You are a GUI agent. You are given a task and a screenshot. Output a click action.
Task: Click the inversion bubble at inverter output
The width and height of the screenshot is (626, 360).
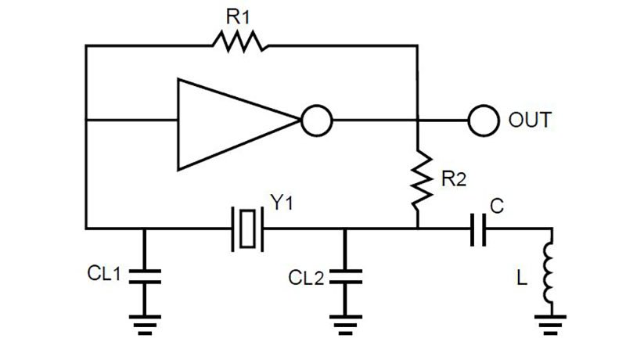click(317, 121)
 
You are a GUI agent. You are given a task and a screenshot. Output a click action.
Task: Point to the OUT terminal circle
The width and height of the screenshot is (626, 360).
click(484, 121)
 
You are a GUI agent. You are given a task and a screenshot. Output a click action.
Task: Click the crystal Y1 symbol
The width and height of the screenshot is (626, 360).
click(247, 229)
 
